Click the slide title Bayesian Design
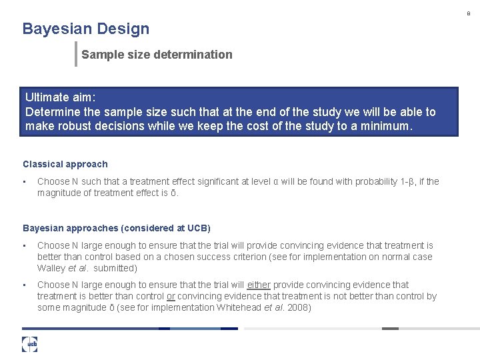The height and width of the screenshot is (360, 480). tap(86, 29)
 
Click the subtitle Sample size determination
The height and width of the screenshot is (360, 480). tap(157, 55)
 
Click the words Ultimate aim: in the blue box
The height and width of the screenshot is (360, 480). tap(61, 98)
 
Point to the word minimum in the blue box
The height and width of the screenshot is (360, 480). tap(387, 125)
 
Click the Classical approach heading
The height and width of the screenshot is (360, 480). tap(65, 164)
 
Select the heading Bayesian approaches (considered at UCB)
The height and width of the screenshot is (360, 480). tap(117, 228)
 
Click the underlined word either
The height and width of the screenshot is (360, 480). tap(259, 285)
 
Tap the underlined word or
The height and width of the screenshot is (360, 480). tap(171, 296)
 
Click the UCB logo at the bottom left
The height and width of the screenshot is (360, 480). tap(29, 344)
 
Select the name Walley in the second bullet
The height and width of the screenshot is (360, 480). tap(51, 268)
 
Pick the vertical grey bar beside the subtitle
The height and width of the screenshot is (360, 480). tap(76, 54)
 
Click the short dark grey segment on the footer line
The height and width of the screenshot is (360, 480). tap(390, 328)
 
